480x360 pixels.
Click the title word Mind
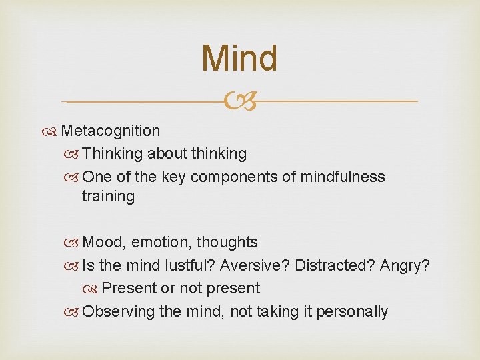coord(239,59)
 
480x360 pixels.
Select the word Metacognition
coord(110,131)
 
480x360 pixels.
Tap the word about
coord(167,154)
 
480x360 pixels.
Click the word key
coord(174,177)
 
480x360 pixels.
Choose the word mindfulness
coord(343,177)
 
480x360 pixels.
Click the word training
coord(108,197)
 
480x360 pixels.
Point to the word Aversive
coord(255,265)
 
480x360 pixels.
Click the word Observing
coord(117,311)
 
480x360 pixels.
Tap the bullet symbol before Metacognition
coord(52,131)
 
